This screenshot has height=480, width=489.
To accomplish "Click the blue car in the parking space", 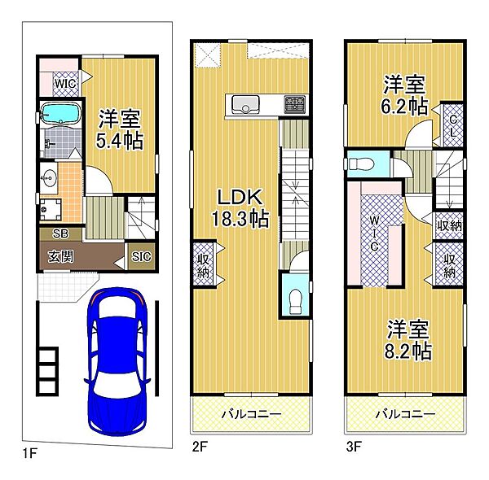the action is coord(117,360).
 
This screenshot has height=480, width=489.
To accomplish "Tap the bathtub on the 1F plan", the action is coord(61,114).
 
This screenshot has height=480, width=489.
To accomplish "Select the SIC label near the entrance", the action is coord(141,256).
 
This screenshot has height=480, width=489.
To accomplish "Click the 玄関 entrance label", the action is coord(61,256).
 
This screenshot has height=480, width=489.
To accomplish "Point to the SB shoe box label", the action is coord(60,233).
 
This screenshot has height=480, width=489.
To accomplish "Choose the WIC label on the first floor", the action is coord(65,84).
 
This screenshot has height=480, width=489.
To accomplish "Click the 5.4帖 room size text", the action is coord(120,141).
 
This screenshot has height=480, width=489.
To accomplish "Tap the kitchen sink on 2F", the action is coord(245,105).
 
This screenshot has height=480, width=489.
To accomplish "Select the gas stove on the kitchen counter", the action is coord(294,104).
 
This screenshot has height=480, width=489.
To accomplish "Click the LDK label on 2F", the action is coord(240,197).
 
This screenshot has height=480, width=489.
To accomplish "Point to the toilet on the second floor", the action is coord(295,302).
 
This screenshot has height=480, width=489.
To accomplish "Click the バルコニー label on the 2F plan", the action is coord(251,414).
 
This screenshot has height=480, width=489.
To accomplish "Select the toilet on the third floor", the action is coord(360,164).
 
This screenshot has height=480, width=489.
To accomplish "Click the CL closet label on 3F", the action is coord(453,126).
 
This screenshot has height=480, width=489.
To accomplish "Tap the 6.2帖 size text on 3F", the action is coord(404,107).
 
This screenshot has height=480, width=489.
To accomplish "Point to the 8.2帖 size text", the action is coord(408,351).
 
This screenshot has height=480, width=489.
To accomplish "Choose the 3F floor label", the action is coord(354,447).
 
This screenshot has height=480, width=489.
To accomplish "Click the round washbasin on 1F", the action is coord(49,178).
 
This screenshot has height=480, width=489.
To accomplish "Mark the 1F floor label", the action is coord(30,453).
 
